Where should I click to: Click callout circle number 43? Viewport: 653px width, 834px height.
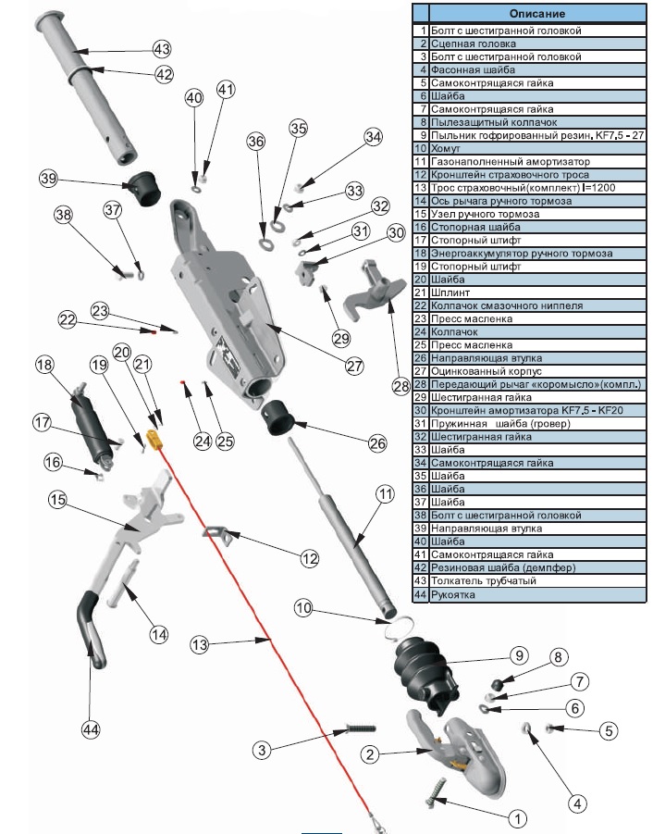(162, 49)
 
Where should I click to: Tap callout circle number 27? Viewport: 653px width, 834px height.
(354, 366)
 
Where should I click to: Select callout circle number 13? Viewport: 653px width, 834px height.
(199, 643)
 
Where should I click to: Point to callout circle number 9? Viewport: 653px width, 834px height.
(517, 655)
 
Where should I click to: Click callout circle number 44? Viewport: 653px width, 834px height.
(90, 730)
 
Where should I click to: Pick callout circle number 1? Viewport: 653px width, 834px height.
(517, 818)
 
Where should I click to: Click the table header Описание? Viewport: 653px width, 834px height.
(536, 14)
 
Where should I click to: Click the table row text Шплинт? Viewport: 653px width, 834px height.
(453, 293)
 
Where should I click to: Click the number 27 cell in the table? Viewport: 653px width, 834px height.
(420, 371)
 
